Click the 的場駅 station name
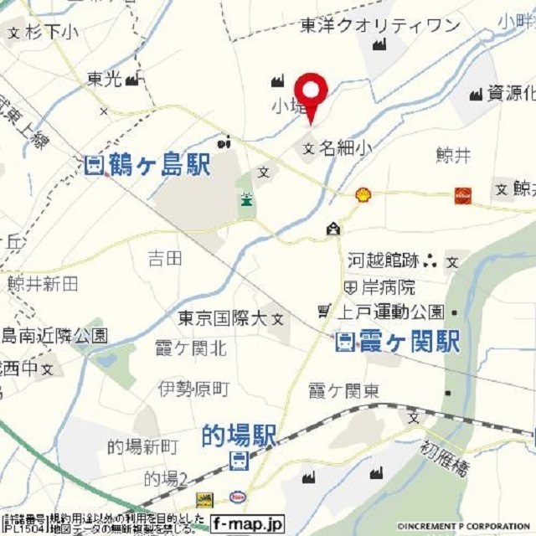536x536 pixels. [239, 435]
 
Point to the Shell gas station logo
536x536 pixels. [363, 194]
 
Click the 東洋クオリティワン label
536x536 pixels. [380, 26]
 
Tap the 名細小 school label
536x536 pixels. [343, 149]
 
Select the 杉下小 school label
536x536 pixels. [51, 33]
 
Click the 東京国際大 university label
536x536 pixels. [222, 318]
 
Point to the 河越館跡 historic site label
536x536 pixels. [383, 260]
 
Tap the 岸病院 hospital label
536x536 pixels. [388, 286]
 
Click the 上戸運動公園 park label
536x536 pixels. [390, 312]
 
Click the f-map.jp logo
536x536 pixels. [247, 522]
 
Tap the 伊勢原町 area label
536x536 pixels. [193, 388]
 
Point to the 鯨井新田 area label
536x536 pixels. [43, 284]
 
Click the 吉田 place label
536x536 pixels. [165, 258]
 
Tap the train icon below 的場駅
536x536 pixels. [239, 460]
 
